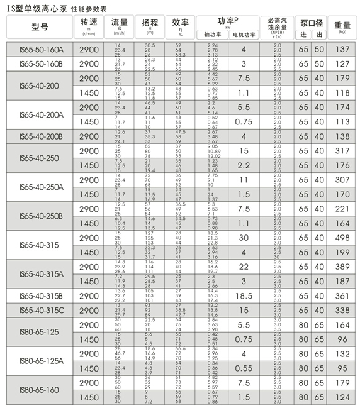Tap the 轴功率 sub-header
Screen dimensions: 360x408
click(x=212, y=34)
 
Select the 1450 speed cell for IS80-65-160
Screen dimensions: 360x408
click(x=89, y=398)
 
